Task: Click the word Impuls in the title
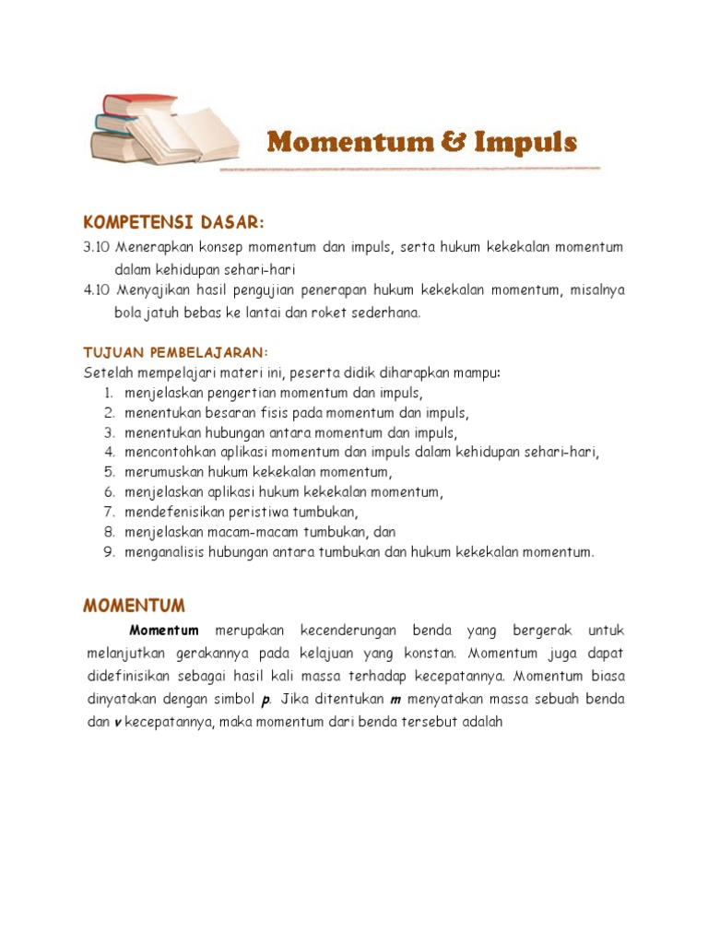tap(526, 143)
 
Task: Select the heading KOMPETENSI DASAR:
tap(173, 223)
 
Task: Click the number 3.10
tap(96, 247)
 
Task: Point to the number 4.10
tap(96, 290)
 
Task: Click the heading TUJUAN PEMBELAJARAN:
tap(175, 353)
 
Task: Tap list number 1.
tap(108, 393)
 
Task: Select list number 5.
tap(108, 472)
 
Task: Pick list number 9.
tap(108, 552)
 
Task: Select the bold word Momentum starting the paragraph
tap(164, 631)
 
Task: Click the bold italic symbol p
tap(265, 700)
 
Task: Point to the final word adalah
tap(480, 723)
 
